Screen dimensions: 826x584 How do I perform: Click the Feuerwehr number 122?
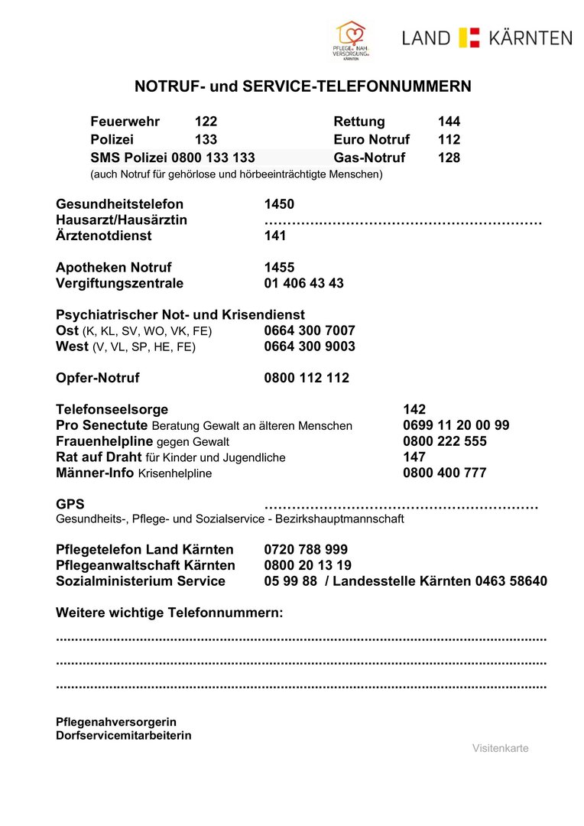coord(206,122)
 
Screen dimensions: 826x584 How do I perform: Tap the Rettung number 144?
coord(449,122)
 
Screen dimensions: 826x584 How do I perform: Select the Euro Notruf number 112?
coord(449,140)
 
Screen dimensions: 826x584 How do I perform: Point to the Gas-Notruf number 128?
coord(449,158)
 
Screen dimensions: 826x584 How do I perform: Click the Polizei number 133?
coord(206,140)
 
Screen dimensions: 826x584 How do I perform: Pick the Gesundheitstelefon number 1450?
coord(279,204)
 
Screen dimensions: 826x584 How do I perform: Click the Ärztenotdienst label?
coord(104,236)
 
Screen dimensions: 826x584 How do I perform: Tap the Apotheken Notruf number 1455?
coord(279,268)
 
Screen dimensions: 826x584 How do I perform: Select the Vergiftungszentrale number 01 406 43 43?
coord(303,283)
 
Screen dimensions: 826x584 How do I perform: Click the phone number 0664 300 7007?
coord(310,331)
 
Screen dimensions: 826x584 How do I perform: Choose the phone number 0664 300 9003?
coord(310,346)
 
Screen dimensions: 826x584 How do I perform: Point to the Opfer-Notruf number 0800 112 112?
coord(307,378)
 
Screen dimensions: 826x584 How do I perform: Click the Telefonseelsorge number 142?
coord(414,410)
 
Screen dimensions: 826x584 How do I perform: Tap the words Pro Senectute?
coord(102,425)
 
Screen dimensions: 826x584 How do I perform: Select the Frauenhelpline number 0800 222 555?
coord(445,441)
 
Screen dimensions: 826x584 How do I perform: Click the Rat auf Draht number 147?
coord(414,457)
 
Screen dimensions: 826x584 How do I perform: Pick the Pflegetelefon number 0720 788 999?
coord(306,550)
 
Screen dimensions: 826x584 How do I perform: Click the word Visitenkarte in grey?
coord(500,748)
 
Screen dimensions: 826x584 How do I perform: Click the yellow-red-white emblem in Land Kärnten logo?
coord(469,37)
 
